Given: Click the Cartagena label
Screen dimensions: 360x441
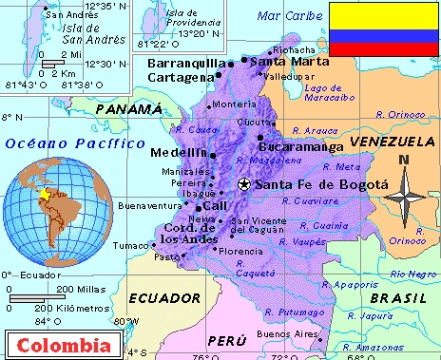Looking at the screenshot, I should coord(179,76).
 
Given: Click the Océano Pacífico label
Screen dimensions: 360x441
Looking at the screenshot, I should coord(55,142).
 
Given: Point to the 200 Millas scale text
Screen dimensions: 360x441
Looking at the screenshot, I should coord(80,289).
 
